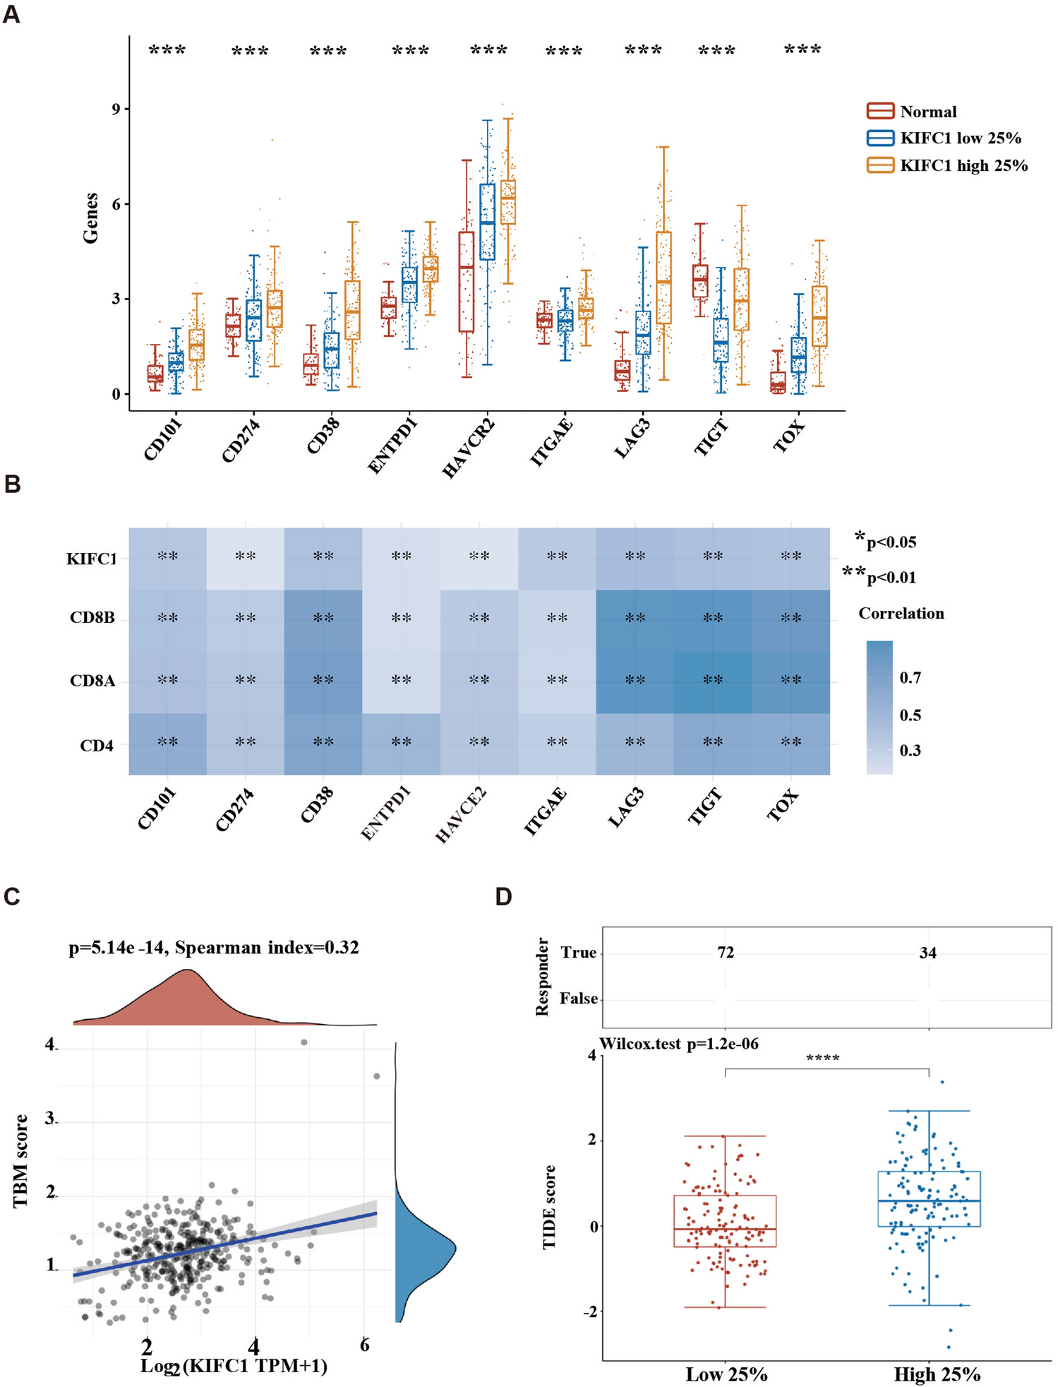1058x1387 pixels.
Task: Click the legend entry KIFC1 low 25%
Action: coord(960,138)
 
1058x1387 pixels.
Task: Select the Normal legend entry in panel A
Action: coord(927,112)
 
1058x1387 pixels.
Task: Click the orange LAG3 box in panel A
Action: coord(663,278)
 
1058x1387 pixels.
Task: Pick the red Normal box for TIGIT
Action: coord(700,281)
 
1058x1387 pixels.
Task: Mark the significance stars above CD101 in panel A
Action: coord(167,50)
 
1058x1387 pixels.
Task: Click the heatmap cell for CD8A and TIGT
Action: coord(713,681)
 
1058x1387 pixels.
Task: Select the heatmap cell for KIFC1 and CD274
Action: coord(246,558)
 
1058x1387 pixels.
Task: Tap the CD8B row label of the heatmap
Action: coord(92,619)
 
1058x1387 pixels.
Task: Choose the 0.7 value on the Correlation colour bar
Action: coord(910,678)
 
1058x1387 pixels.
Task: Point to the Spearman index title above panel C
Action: coord(213,947)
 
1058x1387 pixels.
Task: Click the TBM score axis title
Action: coord(21,1160)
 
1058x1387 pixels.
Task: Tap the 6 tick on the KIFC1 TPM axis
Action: coord(364,1345)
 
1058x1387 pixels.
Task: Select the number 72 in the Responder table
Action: coord(726,953)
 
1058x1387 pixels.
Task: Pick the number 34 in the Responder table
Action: coord(927,953)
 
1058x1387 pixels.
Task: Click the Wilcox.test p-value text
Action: coord(679,1044)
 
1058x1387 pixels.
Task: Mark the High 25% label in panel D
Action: coord(937,1374)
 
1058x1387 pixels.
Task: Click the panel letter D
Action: coord(503,897)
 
